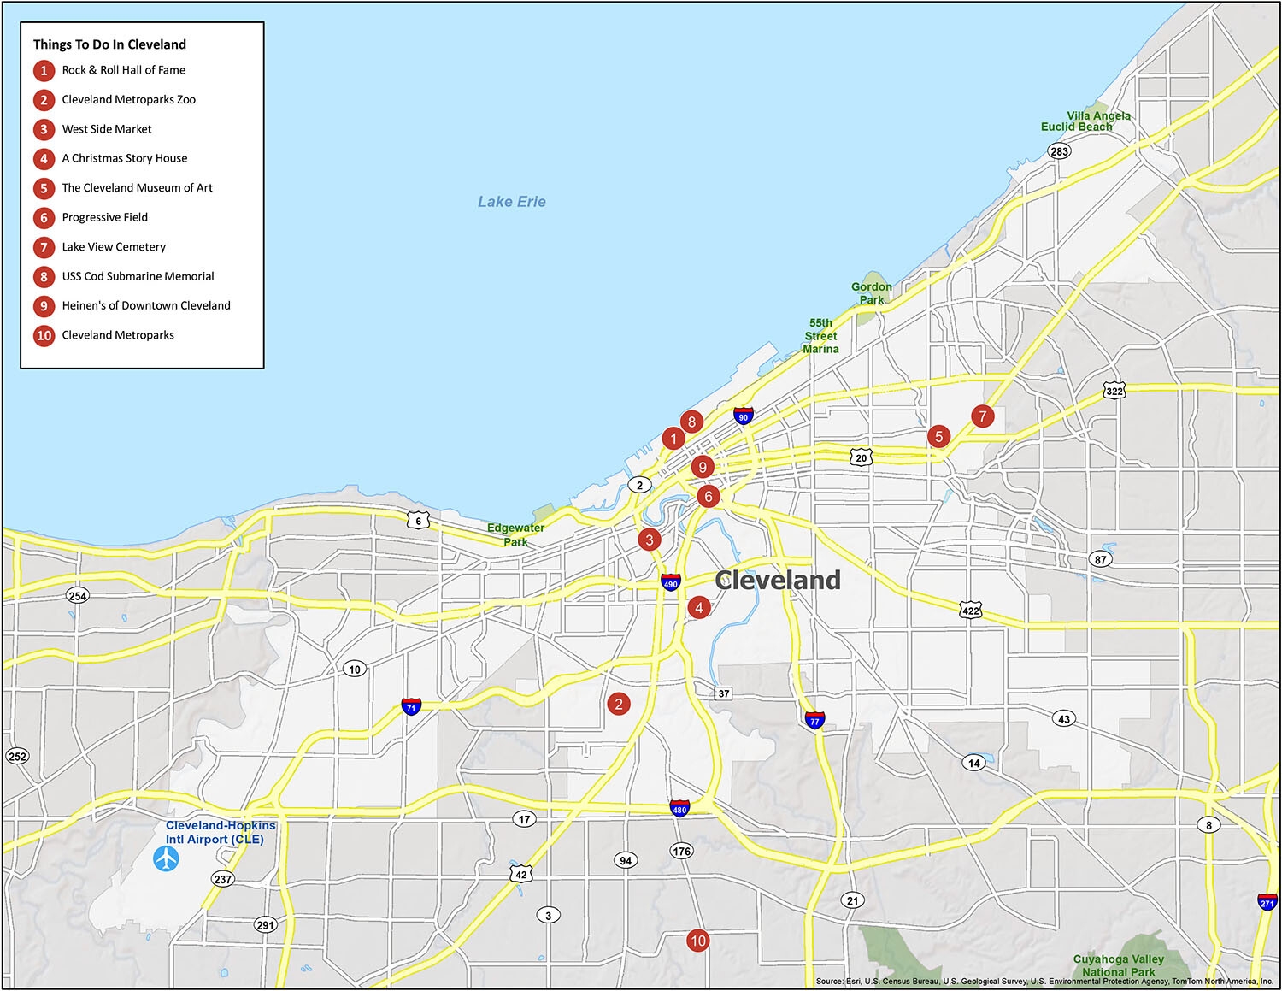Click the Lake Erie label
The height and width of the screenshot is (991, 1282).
511,202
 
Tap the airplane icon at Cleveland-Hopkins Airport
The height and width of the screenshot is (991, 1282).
166,858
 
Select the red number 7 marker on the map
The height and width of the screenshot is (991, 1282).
983,416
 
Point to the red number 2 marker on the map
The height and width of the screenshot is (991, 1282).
619,704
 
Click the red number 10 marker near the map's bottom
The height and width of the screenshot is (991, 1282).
697,941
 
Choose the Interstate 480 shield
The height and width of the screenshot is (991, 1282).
679,808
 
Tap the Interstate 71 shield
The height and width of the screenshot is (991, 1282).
411,707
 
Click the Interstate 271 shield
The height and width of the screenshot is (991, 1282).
1267,902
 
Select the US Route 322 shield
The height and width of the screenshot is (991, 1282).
1114,391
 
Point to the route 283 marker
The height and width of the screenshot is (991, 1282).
1060,151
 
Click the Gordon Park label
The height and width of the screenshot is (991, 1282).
871,293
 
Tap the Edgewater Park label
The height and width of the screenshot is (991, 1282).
515,534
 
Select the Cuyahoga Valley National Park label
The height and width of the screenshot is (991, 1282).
1119,965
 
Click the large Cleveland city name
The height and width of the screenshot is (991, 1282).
778,580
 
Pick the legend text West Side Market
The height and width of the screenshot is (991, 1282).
107,129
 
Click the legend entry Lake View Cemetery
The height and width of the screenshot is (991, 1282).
114,247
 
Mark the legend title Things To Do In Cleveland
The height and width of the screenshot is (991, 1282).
109,44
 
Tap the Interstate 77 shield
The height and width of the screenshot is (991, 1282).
814,719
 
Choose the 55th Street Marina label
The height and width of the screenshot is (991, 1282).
820,336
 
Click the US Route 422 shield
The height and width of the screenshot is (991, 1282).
970,611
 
